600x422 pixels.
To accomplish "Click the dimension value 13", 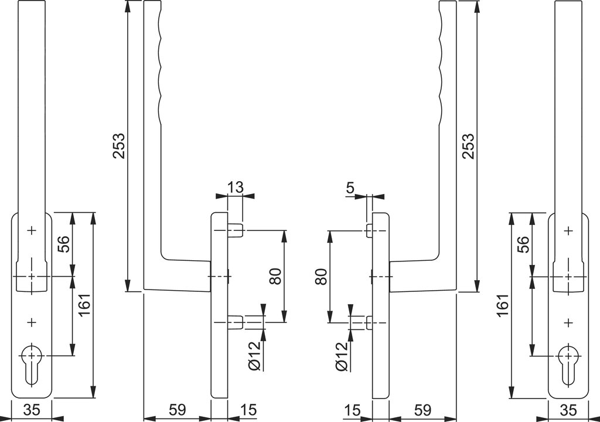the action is point(236,187).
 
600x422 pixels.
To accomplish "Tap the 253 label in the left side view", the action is point(118,146).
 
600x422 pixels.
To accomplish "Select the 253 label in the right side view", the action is point(468,146).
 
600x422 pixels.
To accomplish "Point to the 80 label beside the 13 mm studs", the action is point(275,276).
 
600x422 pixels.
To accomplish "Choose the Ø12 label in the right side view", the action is point(342,356).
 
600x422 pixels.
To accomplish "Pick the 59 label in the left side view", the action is point(177,410).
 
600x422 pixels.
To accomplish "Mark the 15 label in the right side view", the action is point(352,410).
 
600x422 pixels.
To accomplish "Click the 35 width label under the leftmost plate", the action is point(32,410).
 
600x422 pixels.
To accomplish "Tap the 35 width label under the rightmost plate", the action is point(568,410).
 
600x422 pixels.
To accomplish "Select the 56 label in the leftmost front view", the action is point(63,244).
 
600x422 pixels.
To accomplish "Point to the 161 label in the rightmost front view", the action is point(503,305).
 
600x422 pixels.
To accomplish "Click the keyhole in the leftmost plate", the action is point(32,364).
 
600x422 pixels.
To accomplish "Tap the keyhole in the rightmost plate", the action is point(568,364).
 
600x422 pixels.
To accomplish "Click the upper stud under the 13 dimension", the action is point(235,231).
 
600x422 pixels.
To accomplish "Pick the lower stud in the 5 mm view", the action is point(369,322).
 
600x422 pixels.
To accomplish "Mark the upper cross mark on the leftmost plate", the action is point(32,230).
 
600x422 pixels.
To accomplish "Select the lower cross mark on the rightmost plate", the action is point(568,323).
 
